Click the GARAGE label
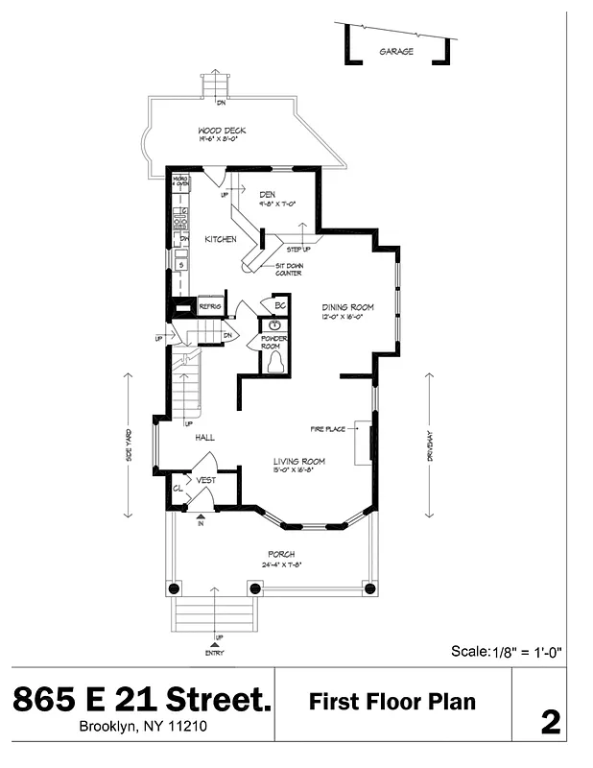(x=396, y=52)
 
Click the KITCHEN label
(x=220, y=239)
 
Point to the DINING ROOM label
(x=346, y=308)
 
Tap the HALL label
(x=204, y=437)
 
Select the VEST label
(x=205, y=480)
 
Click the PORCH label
(x=281, y=554)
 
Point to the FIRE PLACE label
(x=327, y=428)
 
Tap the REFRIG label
(x=210, y=306)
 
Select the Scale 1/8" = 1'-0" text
(x=506, y=651)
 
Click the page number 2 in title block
(x=550, y=722)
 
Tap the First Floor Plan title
(x=391, y=702)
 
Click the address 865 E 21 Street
(x=142, y=700)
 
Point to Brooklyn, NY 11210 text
(x=142, y=727)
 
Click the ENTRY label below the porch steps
(x=215, y=647)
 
